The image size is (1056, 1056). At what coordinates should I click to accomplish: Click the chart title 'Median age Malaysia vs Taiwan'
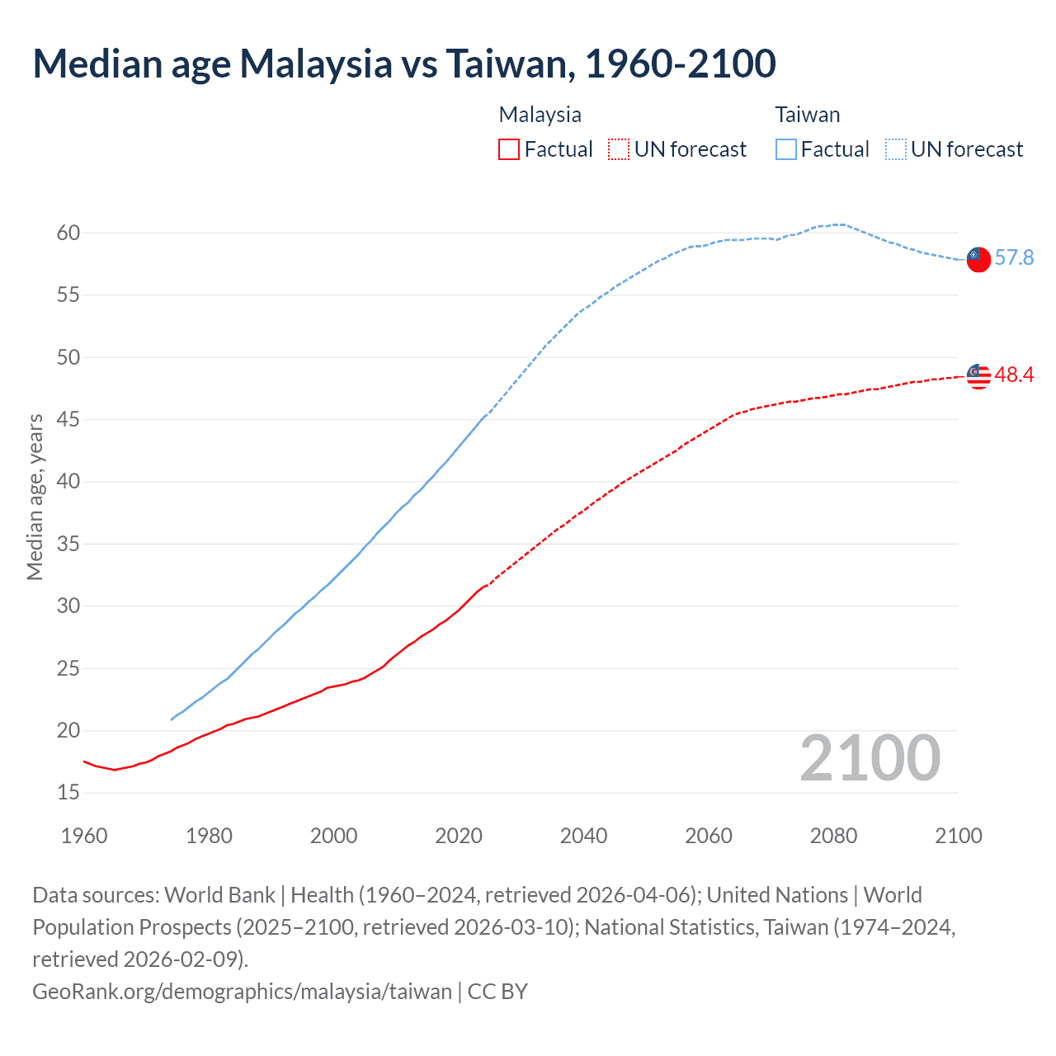pos(404,64)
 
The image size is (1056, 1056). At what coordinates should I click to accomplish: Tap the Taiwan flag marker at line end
pos(978,259)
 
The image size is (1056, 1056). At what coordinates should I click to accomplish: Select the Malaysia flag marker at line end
pos(978,375)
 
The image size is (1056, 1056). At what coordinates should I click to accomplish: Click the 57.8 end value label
pos(1014,258)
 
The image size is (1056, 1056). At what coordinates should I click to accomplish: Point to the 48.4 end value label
pos(1014,375)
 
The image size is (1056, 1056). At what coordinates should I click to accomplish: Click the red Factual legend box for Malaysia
pos(509,149)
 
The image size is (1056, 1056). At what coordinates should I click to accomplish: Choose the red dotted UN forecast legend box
pos(619,149)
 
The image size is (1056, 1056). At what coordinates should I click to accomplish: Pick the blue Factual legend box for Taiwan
pos(786,149)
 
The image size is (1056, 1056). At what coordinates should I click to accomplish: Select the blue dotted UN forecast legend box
pos(896,149)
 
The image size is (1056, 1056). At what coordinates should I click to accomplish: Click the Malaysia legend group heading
pos(540,115)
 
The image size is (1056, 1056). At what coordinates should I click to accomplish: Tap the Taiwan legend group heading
pos(807,115)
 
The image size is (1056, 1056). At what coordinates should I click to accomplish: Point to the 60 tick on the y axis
pos(68,233)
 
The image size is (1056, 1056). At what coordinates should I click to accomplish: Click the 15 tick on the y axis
pos(68,793)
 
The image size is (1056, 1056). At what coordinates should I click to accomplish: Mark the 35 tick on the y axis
pos(68,544)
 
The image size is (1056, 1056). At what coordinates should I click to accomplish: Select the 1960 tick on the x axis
pos(84,836)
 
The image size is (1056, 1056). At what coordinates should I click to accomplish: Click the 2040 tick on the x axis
pos(583,836)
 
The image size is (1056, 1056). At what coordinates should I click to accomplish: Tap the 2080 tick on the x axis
pos(833,836)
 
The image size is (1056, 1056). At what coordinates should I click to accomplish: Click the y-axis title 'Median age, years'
pos(35,497)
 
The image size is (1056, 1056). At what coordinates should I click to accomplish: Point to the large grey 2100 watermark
pos(870,758)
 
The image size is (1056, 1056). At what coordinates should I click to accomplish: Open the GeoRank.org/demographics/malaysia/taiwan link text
pos(242,991)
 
